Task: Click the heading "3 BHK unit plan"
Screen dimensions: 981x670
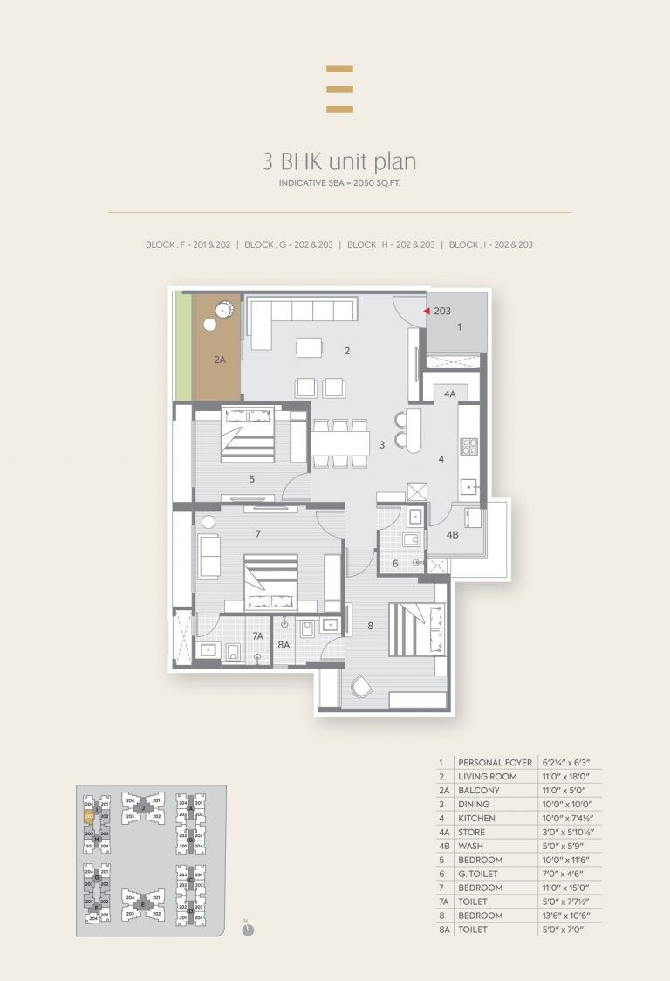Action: pos(339,161)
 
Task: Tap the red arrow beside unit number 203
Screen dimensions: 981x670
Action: pos(427,311)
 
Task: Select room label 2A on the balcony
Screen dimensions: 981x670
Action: pos(219,359)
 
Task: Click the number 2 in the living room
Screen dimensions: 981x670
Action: pos(347,351)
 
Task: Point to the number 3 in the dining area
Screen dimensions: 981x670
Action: pos(381,445)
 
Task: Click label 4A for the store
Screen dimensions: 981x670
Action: pos(449,395)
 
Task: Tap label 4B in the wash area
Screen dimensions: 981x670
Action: pos(452,535)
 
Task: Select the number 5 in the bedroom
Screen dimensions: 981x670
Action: pos(251,478)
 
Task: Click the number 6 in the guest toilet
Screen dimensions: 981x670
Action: pos(394,564)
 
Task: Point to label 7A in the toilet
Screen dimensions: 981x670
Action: pos(257,636)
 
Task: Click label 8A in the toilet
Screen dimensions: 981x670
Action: pos(284,645)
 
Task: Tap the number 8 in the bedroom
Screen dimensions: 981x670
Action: pos(370,625)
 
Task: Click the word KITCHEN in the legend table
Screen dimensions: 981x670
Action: pos(476,818)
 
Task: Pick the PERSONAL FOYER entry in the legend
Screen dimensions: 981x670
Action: pos(495,762)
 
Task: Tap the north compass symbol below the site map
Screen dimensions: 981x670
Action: pos(248,930)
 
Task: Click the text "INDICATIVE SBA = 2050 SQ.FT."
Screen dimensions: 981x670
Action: pos(339,183)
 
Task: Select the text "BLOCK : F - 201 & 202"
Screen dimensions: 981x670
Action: pos(188,245)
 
